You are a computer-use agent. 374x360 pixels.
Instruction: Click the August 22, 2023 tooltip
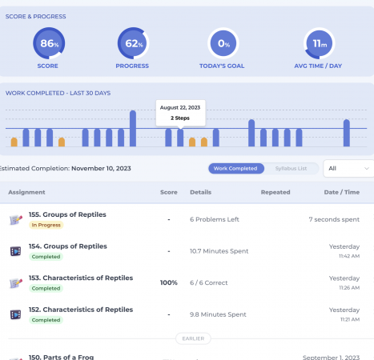point(180,112)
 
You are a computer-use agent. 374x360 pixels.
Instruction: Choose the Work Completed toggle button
point(235,169)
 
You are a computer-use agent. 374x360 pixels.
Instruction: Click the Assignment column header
point(26,192)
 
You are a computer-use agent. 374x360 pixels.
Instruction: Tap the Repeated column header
point(275,192)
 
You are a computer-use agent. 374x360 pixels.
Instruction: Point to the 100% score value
point(168,282)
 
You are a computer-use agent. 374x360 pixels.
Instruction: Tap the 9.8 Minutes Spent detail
point(218,314)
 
